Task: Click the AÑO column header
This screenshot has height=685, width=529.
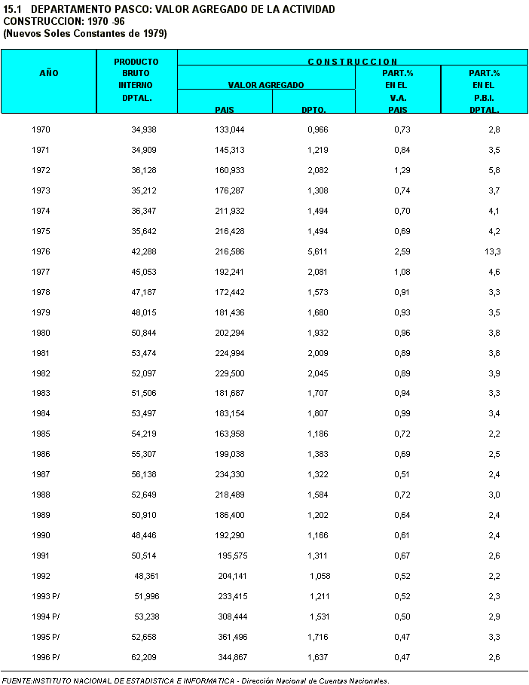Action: pyautogui.click(x=48, y=74)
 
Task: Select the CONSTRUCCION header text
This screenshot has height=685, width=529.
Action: pyautogui.click(x=353, y=62)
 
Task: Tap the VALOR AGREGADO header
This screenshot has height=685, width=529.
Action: pyautogui.click(x=266, y=86)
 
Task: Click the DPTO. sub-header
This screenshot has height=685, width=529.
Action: pyautogui.click(x=313, y=110)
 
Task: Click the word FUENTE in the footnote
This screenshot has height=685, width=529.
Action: pyautogui.click(x=17, y=680)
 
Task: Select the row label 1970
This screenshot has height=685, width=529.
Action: pyautogui.click(x=41, y=130)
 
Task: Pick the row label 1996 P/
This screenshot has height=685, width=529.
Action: pyautogui.click(x=46, y=657)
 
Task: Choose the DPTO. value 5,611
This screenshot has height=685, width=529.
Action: pyautogui.click(x=317, y=252)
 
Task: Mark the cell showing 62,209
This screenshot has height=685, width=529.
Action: pyautogui.click(x=144, y=657)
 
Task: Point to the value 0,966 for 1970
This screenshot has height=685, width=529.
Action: pyautogui.click(x=317, y=130)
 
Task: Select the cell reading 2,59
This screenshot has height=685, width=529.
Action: pyautogui.click(x=402, y=252)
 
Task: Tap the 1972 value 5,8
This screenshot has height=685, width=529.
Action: pyautogui.click(x=494, y=171)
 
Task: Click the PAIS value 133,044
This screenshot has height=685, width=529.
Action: pyautogui.click(x=229, y=130)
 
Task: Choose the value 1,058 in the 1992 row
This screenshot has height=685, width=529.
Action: pyautogui.click(x=320, y=576)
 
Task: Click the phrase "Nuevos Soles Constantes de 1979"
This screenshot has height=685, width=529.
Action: pyautogui.click(x=85, y=34)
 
